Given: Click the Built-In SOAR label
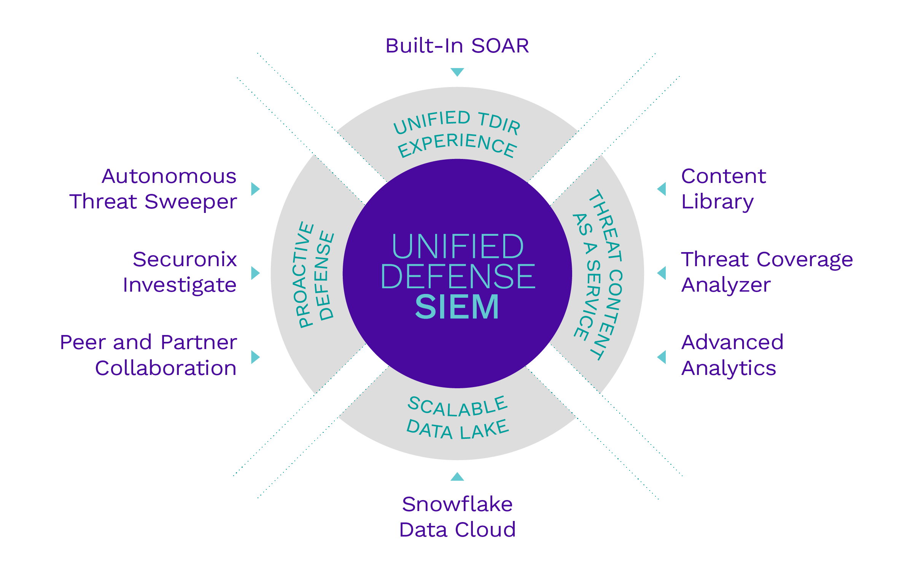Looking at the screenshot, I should point(457,46).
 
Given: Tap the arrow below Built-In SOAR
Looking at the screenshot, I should point(457,71).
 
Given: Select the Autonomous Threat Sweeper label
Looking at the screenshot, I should point(153,189).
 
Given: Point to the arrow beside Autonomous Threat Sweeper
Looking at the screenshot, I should point(255,189).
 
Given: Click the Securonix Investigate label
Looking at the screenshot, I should point(180,272).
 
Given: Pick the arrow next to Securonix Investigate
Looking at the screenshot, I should point(255,273).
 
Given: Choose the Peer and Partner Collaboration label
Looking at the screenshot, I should point(149,355).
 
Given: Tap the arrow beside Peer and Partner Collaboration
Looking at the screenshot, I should point(255,357).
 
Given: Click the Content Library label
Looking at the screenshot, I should point(723,189).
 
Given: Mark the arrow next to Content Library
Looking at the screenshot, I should point(662,189).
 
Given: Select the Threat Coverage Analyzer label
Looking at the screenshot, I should point(767,272).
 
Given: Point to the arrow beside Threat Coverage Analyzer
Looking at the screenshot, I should point(662,273).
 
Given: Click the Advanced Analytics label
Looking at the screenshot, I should point(732,355).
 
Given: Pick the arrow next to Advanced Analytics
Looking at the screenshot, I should point(662,357).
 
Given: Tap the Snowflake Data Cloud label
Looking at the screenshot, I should point(457,517).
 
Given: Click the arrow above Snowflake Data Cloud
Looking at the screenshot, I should point(457,477).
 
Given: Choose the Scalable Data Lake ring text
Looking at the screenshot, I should point(458,418).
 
